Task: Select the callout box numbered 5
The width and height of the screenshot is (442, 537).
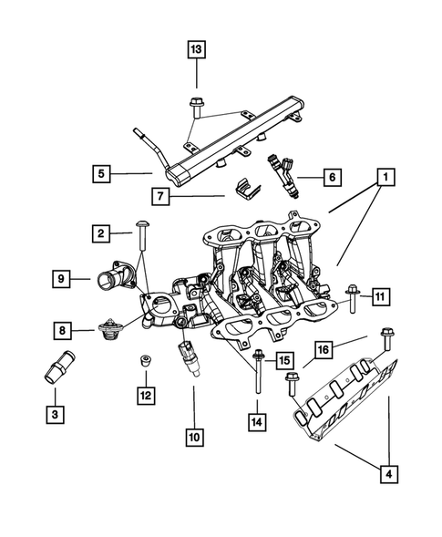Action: pos(103,171)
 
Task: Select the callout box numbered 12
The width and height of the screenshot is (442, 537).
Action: pos(145,395)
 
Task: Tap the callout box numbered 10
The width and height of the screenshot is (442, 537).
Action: pos(194,437)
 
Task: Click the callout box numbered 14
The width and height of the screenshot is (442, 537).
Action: pos(259,421)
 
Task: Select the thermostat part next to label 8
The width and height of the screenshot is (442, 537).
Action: pos(110,333)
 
